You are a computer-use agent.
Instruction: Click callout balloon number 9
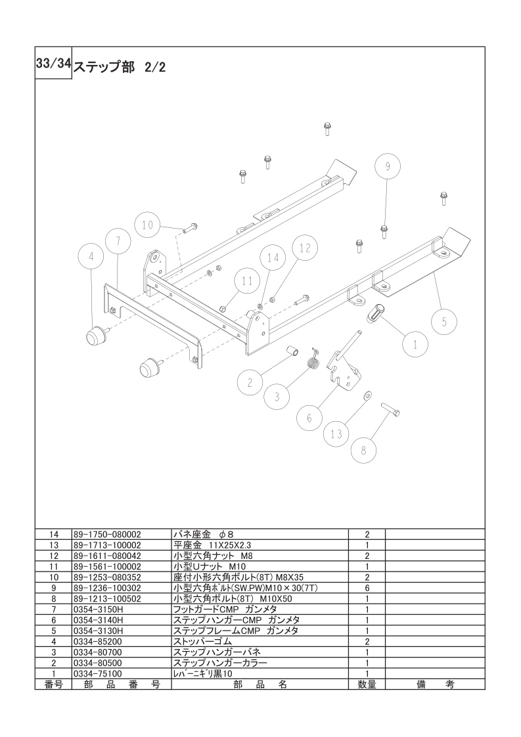[x=388, y=166]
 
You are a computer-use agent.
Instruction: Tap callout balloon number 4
[x=91, y=257]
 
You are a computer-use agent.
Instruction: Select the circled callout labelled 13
[x=336, y=434]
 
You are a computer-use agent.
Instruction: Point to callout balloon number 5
[x=444, y=321]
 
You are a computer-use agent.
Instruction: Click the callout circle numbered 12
[x=305, y=248]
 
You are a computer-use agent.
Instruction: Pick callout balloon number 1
[x=416, y=345]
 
